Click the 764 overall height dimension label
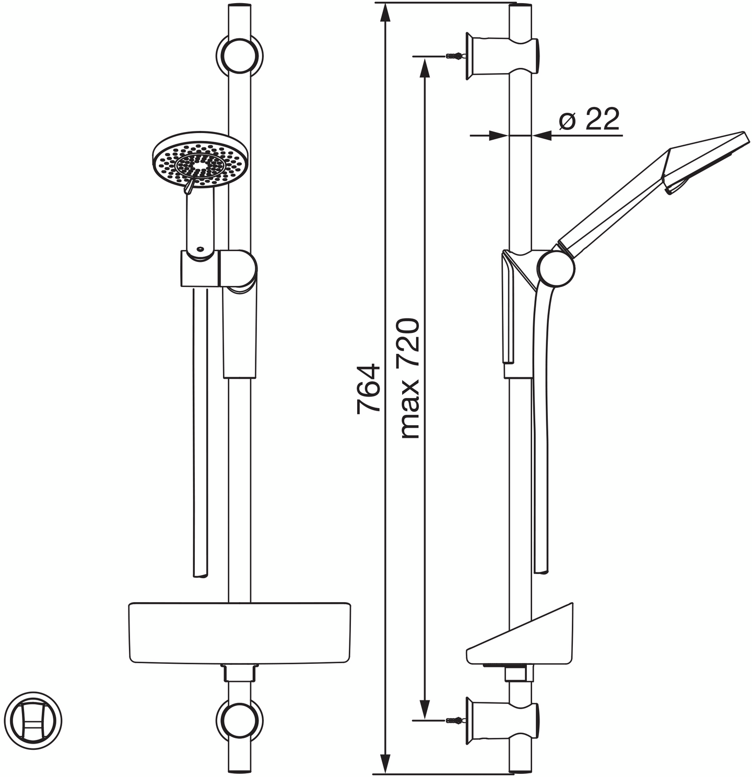[x=368, y=388]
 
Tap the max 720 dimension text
[x=410, y=378]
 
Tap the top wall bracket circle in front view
[x=240, y=55]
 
